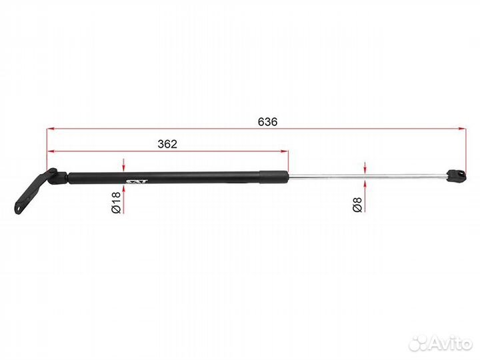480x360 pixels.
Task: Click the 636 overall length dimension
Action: pyautogui.click(x=267, y=122)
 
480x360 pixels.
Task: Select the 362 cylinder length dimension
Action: pyautogui.click(x=167, y=144)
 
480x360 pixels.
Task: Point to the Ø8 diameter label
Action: pyautogui.click(x=357, y=205)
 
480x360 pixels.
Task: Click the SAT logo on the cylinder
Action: pyautogui.click(x=137, y=181)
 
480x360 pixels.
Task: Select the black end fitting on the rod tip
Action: pyautogui.click(x=457, y=176)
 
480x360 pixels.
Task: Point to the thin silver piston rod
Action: pyautogui.click(x=367, y=176)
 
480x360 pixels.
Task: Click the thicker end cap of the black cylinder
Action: pyautogui.click(x=274, y=177)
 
